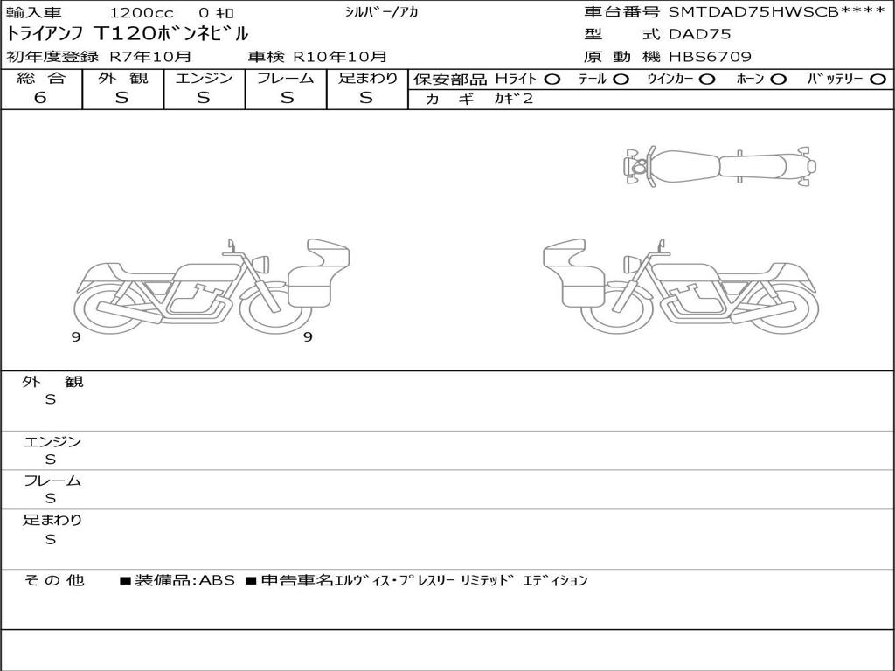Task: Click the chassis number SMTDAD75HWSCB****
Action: coord(776,12)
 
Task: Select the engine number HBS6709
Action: coord(710,57)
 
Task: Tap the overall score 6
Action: coord(40,98)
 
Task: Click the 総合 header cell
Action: coord(41,78)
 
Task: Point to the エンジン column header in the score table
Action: coord(204,78)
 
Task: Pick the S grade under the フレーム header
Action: coord(287,98)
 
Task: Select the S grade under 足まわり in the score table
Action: coord(366,98)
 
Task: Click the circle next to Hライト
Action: coord(552,80)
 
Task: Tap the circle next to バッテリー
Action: coord(878,80)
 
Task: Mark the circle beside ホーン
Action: coord(778,80)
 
